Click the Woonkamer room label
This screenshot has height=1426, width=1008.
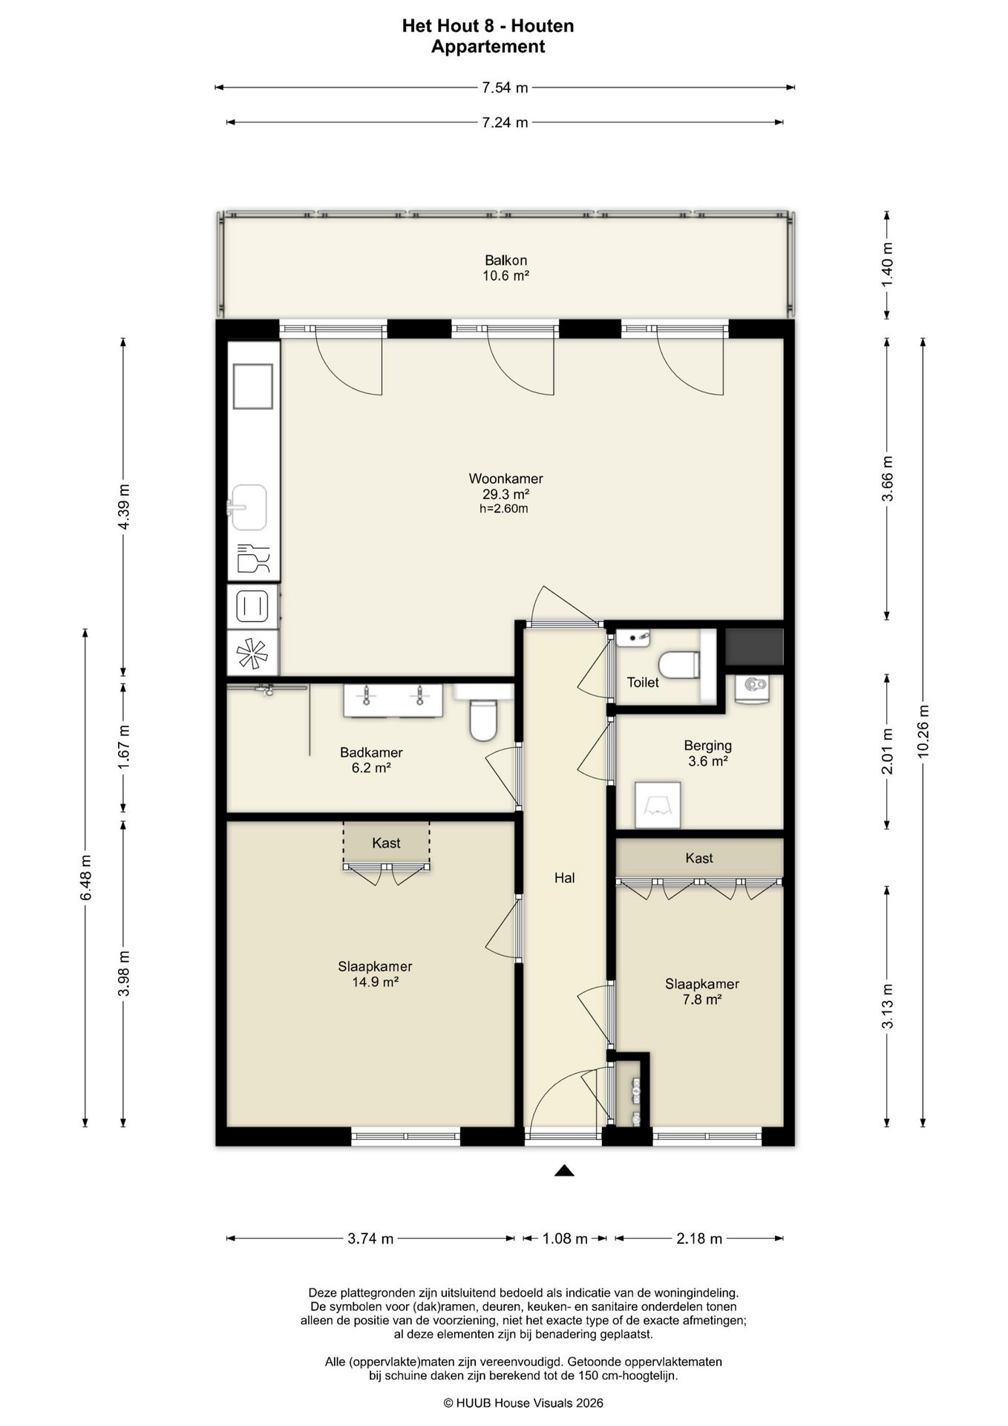point(505,479)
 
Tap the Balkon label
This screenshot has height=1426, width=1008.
point(505,261)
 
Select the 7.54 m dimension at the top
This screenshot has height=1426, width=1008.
point(505,88)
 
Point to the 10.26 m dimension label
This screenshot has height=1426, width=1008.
point(923,731)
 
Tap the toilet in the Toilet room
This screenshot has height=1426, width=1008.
point(678,665)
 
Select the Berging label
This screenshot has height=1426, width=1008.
point(707,746)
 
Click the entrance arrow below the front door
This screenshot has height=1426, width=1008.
point(565,1171)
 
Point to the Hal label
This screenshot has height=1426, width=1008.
point(565,878)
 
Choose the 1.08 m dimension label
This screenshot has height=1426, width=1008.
point(565,1238)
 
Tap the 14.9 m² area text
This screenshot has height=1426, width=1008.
point(375,982)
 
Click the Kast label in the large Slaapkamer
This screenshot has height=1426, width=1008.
point(386,843)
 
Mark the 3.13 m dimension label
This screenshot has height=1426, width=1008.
point(887,1006)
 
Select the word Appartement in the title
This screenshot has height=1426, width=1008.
point(488,47)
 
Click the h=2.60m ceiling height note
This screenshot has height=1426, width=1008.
point(505,509)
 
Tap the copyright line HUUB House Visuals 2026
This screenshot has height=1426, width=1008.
point(523,1403)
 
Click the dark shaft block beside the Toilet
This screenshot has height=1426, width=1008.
point(754,647)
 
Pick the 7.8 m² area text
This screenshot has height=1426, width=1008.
point(702,1000)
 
